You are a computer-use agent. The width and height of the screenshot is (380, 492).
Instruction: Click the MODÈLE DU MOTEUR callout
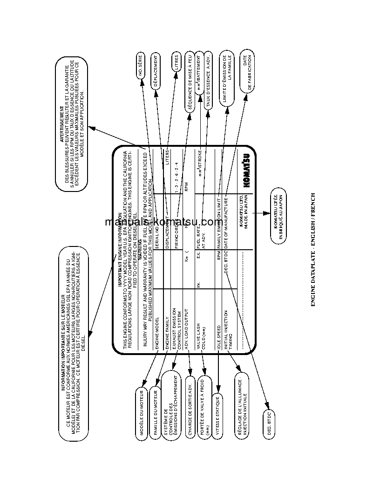tap(142, 412)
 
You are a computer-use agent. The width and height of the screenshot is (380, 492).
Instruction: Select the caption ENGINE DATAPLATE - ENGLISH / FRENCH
tap(313, 250)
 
